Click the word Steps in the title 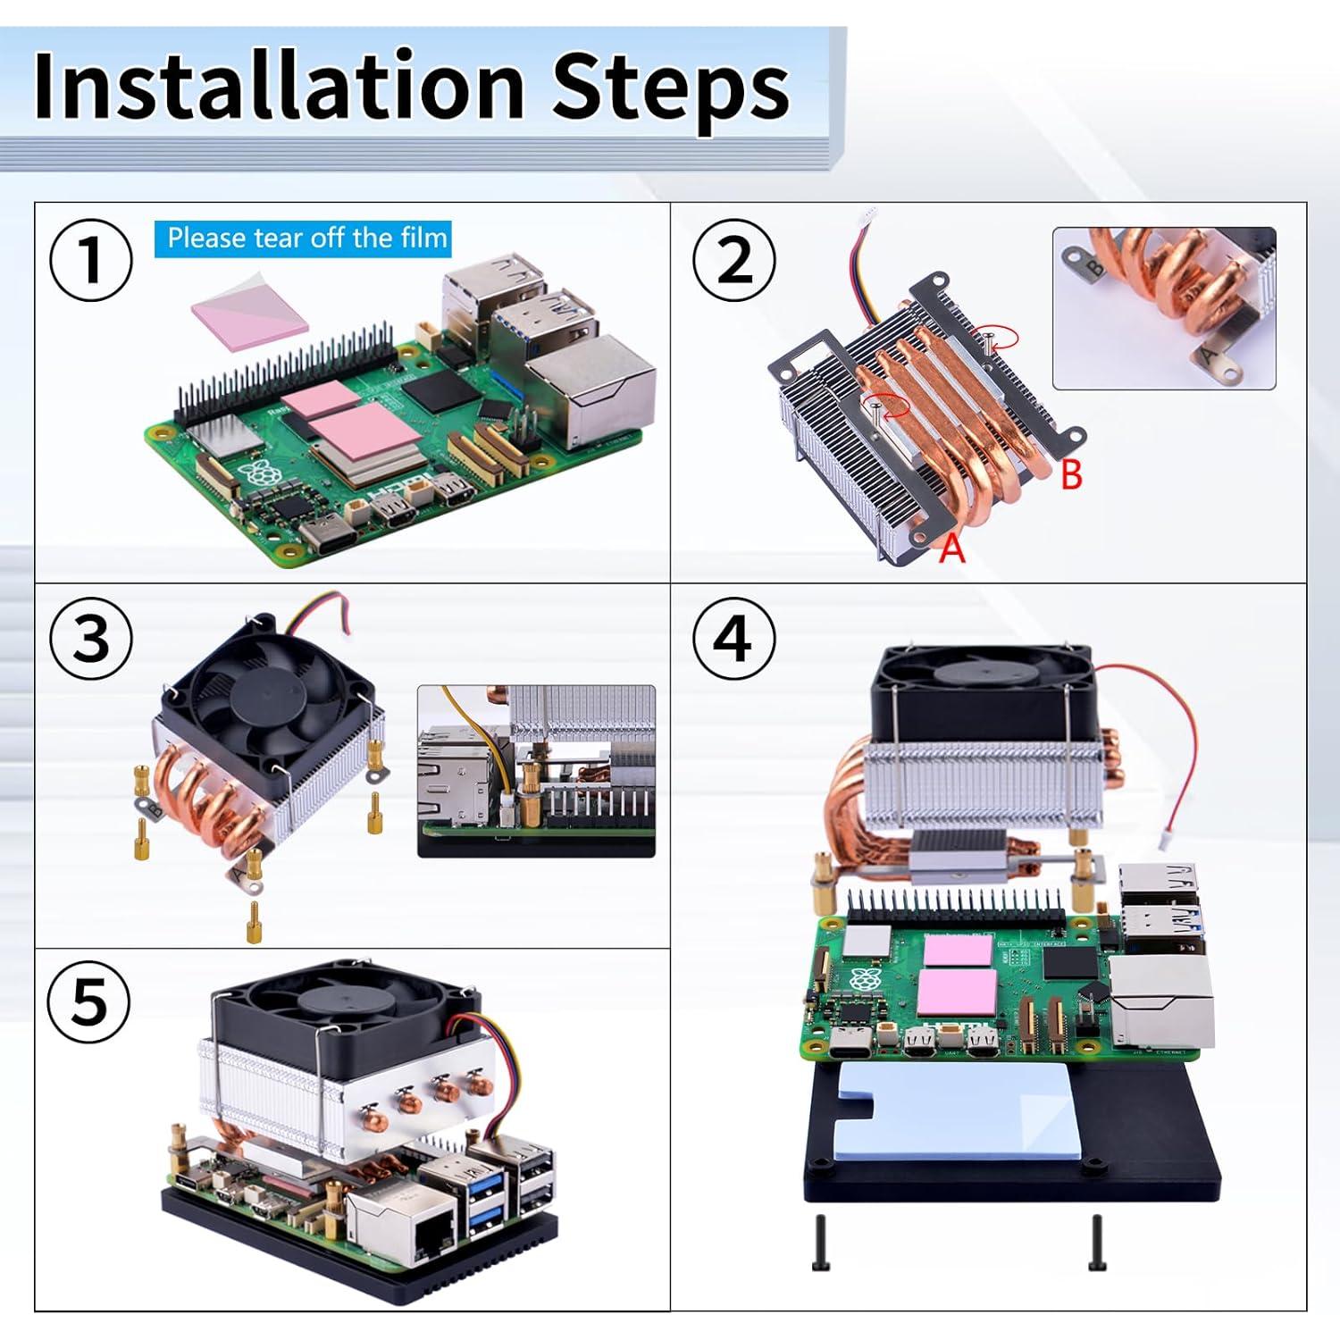(671, 88)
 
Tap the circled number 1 (91, 261)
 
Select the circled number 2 (734, 261)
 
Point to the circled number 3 (91, 639)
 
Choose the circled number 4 (734, 639)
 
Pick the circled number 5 (89, 1002)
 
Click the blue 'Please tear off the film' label (304, 239)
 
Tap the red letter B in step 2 (1071, 475)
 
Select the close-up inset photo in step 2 (1163, 308)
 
